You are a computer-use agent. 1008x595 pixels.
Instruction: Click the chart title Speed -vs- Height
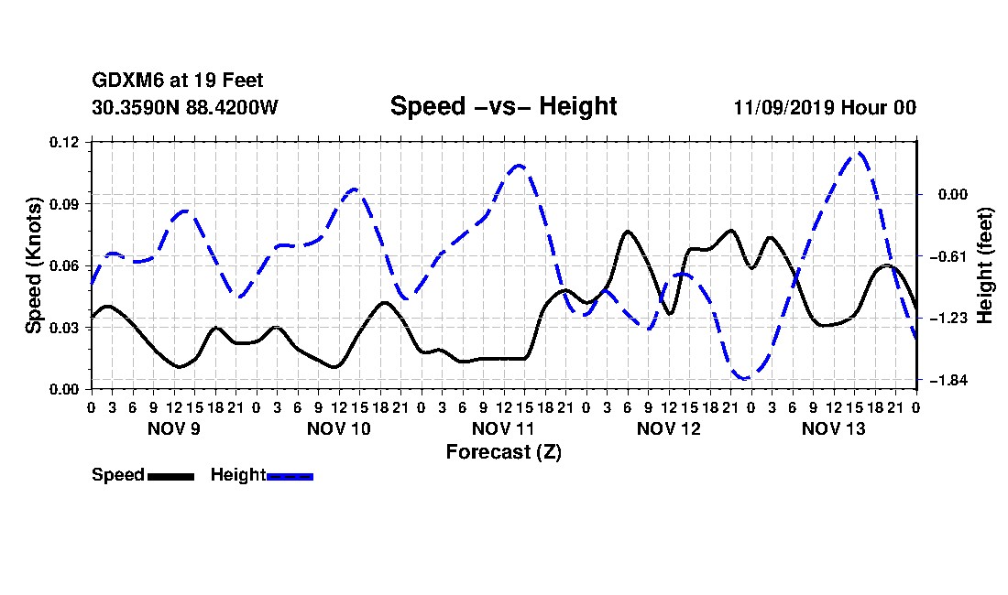click(x=503, y=106)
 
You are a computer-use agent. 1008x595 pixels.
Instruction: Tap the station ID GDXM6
click(x=128, y=81)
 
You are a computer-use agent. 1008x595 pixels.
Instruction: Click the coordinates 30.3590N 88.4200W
click(x=185, y=107)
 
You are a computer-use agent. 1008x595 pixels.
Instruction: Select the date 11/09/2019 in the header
click(x=784, y=107)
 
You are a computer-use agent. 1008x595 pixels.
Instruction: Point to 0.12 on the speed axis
click(x=63, y=142)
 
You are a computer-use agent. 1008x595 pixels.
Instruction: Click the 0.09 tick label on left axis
click(x=63, y=204)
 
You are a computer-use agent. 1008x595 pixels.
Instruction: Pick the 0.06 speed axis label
click(x=63, y=265)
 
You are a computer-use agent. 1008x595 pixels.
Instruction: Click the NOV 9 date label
click(x=173, y=428)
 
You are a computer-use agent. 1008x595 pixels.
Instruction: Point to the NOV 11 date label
click(x=503, y=428)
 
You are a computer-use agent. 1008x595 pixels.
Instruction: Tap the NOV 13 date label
click(x=834, y=428)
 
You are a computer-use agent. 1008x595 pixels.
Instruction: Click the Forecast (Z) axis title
click(x=504, y=452)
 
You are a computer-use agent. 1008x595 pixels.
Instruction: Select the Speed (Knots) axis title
click(x=33, y=265)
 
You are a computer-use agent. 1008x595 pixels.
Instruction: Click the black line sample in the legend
click(x=171, y=476)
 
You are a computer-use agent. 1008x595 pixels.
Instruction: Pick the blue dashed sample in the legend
click(x=290, y=476)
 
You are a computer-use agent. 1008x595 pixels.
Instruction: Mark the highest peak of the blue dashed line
click(x=859, y=153)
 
